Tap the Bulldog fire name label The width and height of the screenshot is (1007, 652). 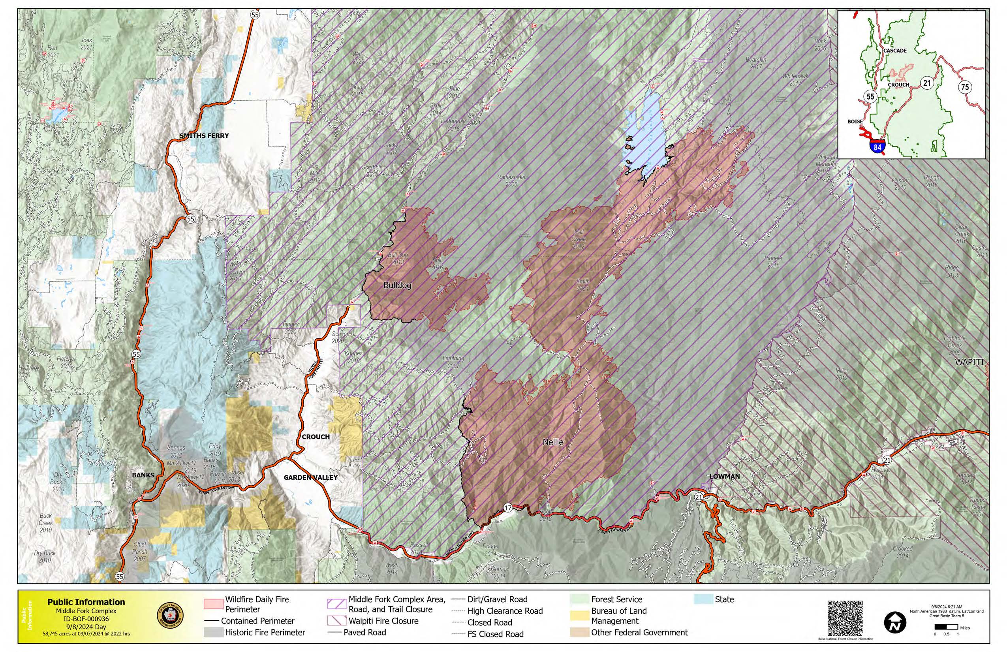coord(397,285)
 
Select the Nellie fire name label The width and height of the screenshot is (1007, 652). coord(552,442)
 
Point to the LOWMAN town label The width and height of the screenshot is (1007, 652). coord(724,476)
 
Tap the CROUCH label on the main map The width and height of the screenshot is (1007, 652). coord(315,437)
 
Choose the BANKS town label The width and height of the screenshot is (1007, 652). coord(143,475)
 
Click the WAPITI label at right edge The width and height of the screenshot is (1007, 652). coord(969,362)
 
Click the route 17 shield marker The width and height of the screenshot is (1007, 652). coord(508,508)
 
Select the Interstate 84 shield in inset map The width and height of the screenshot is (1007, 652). coord(877,147)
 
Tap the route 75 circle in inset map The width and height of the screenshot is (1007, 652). coord(964,87)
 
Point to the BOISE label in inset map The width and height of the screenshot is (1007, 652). coord(855,122)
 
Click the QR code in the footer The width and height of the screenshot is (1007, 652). coord(845,618)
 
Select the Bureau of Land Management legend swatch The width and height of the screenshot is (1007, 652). coord(579,616)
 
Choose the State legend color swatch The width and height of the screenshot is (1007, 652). coord(703,599)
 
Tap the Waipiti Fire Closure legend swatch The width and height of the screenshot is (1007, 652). coord(336,621)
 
